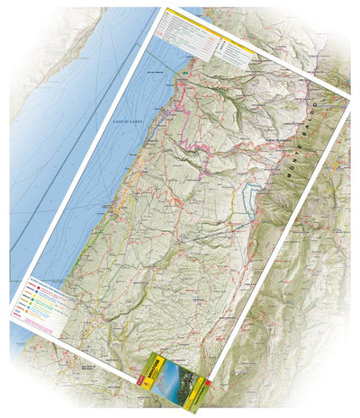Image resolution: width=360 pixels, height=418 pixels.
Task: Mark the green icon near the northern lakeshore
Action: pos(184,71)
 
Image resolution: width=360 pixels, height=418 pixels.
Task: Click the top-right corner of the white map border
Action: pos(351,94)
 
